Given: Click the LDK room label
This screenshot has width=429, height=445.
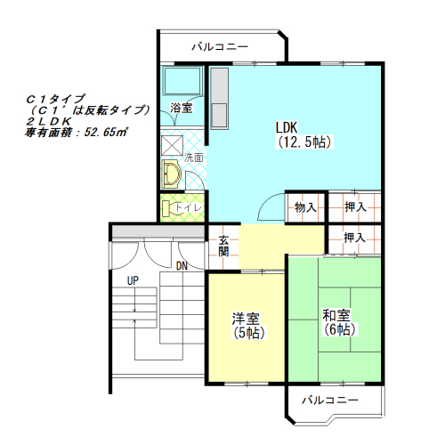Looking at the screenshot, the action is (x=304, y=134).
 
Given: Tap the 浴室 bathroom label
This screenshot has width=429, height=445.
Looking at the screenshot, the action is (x=182, y=108).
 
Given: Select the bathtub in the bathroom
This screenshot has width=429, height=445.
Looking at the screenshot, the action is (x=182, y=81).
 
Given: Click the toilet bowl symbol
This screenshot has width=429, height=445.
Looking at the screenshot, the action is (x=166, y=208).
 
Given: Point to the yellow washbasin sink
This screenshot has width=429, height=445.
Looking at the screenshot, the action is (x=170, y=174).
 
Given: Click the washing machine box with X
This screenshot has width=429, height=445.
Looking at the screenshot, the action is (x=172, y=145).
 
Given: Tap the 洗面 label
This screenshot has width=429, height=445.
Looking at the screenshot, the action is (x=194, y=158).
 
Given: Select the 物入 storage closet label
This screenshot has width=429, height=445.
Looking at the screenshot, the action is (x=305, y=207).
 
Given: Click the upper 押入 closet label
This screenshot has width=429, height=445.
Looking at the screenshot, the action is (x=355, y=206).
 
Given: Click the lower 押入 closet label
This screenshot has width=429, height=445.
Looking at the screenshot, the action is (x=355, y=238).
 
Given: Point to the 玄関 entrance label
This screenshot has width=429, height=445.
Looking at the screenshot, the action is (x=223, y=246).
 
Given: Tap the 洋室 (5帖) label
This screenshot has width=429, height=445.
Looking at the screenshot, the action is (x=247, y=326).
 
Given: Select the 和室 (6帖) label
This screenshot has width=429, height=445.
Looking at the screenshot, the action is (x=339, y=322).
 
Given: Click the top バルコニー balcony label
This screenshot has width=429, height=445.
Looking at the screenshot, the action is (x=220, y=47).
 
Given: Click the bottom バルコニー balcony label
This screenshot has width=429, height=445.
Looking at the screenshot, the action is (x=330, y=400).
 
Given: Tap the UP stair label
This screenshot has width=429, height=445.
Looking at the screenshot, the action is (x=133, y=280).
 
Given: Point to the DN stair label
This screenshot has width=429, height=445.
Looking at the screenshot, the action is (x=182, y=266).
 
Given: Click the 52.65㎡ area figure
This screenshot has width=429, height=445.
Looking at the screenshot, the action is (x=106, y=132).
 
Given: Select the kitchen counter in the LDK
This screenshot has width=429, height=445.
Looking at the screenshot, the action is (x=219, y=98).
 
